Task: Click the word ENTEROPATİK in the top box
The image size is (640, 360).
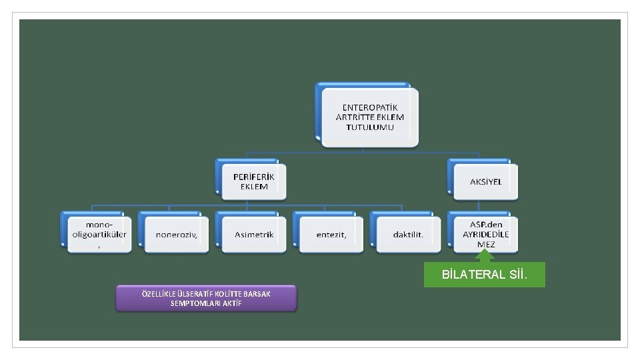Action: tap(369, 107)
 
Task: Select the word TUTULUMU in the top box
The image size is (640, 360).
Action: tap(369, 127)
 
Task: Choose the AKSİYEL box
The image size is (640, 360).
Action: tap(485, 181)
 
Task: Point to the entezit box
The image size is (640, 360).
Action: tap(331, 235)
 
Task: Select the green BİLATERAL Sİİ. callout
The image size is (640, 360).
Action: tap(485, 275)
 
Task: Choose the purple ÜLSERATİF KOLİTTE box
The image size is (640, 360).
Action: tap(206, 298)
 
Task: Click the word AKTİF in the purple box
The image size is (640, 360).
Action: tap(229, 303)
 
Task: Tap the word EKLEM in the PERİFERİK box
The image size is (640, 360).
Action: tap(253, 187)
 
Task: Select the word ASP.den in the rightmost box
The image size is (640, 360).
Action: tap(485, 225)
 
